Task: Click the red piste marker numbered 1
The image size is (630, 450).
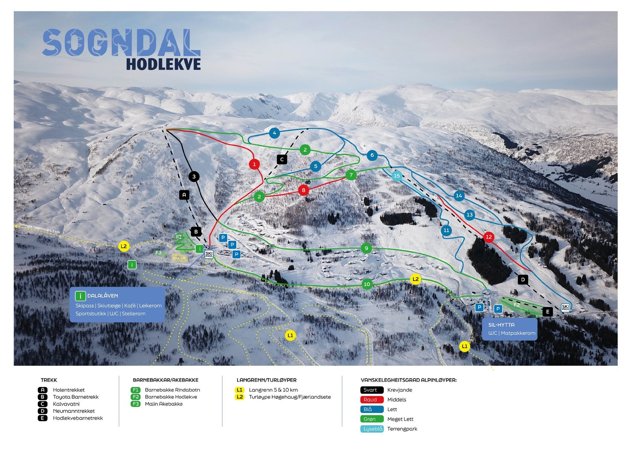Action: click(x=254, y=164)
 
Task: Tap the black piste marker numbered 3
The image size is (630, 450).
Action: click(x=194, y=176)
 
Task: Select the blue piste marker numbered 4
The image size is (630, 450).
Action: click(x=274, y=133)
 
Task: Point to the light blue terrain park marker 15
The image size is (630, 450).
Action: click(x=397, y=176)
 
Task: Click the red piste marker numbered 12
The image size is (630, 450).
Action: click(x=489, y=237)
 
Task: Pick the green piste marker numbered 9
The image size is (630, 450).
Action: click(x=366, y=248)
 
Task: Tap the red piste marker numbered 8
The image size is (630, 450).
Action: click(x=303, y=190)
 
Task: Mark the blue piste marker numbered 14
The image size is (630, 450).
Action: click(x=459, y=196)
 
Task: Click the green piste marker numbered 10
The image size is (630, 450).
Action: click(x=367, y=284)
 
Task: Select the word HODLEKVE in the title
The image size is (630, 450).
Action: click(x=163, y=64)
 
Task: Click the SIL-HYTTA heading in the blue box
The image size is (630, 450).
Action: click(x=501, y=325)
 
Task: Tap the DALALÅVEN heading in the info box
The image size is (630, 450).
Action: click(x=102, y=296)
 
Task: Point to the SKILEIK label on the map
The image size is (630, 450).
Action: click(x=179, y=258)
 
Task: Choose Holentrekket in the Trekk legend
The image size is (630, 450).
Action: click(x=69, y=390)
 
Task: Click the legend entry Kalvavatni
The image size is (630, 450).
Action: click(x=66, y=404)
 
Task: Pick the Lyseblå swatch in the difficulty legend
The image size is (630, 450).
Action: click(x=372, y=429)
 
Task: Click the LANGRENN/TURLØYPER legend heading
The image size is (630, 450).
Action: click(x=267, y=380)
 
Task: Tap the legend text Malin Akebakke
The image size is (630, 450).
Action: click(x=164, y=404)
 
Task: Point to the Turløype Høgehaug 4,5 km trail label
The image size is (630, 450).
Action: click(x=39, y=229)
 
